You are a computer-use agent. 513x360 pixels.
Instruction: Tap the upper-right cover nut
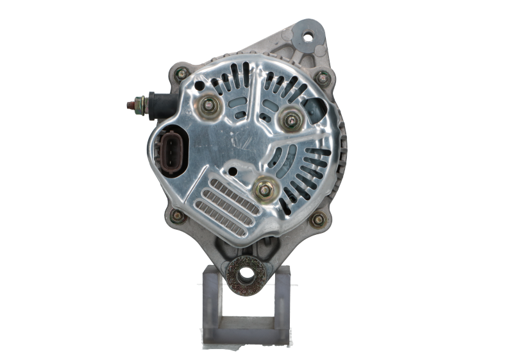tap(292, 119)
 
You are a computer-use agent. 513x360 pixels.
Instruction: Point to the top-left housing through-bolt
tap(181, 74)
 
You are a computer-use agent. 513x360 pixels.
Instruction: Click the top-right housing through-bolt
tap(322, 78)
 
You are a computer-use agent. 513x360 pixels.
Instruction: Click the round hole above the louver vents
tap(233, 171)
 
